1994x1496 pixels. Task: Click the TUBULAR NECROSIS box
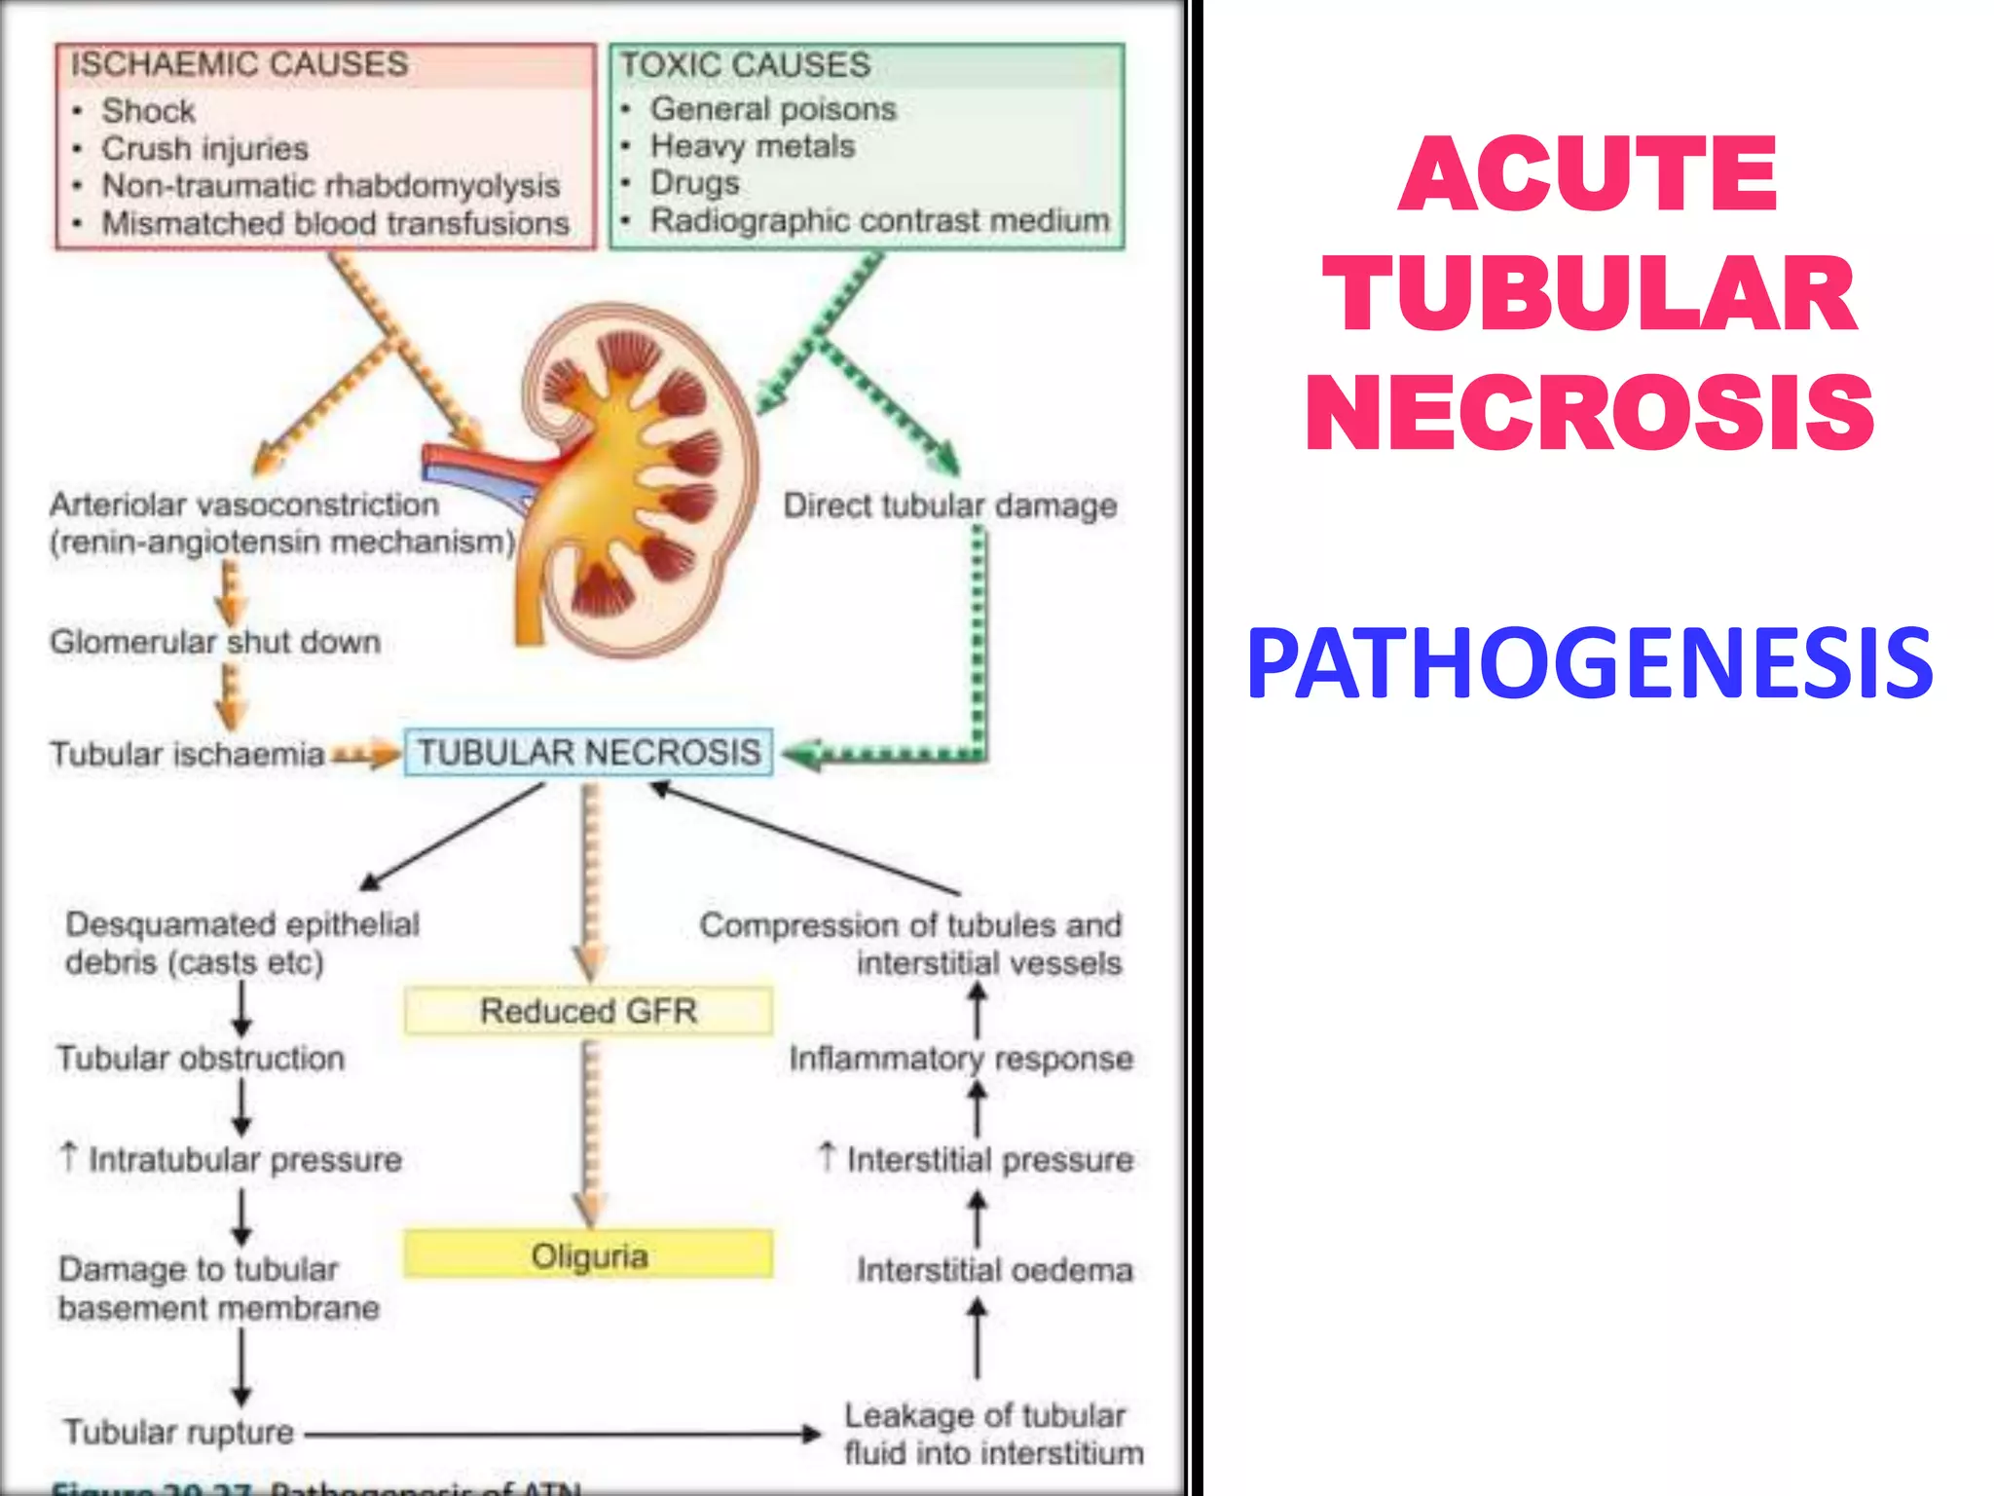[588, 753]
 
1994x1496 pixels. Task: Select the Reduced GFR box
[588, 1011]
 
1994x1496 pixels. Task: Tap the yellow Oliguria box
[588, 1255]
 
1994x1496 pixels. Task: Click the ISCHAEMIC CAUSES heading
[240, 64]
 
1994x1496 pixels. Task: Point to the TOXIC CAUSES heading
[746, 65]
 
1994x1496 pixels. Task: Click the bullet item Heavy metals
[752, 146]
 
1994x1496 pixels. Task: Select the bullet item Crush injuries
[204, 149]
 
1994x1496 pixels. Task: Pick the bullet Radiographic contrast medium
[879, 220]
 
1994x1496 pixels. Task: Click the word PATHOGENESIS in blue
[1589, 665]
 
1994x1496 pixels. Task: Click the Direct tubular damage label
[950, 505]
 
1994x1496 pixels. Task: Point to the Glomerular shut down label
[215, 642]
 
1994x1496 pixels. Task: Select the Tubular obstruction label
[201, 1058]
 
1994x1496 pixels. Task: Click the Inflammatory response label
[961, 1059]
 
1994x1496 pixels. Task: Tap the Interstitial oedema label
[994, 1270]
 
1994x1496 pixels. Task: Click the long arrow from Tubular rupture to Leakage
[560, 1434]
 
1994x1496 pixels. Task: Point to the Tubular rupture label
[179, 1432]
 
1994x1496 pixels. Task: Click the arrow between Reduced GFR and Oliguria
[590, 1130]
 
